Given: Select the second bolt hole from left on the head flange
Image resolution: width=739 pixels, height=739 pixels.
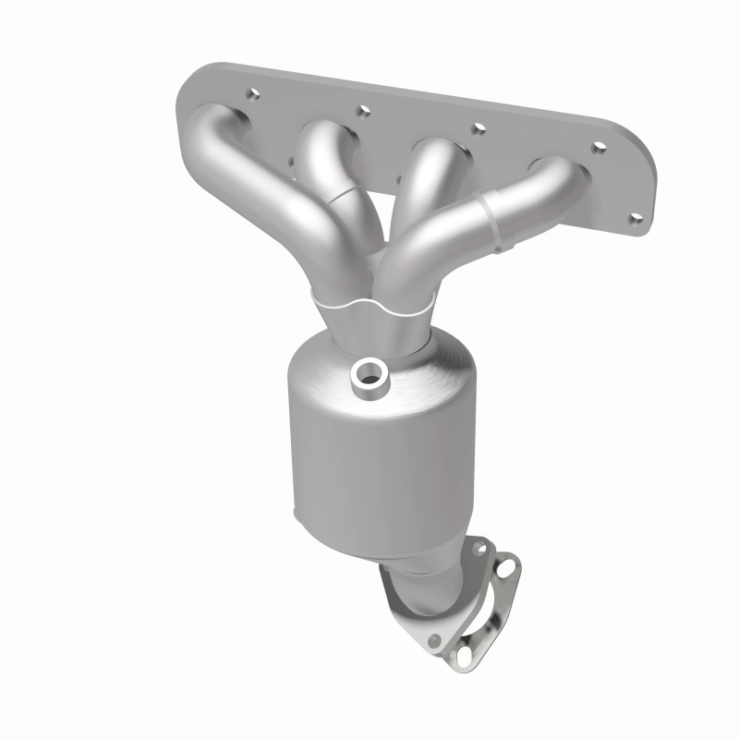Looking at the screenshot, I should click(x=363, y=110).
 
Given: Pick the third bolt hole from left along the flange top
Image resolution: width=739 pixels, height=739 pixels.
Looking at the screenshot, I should click(x=479, y=127).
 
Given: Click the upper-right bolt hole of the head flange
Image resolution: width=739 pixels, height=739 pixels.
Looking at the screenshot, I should click(x=599, y=147).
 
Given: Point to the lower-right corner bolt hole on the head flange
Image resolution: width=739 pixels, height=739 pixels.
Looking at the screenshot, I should click(x=635, y=218).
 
